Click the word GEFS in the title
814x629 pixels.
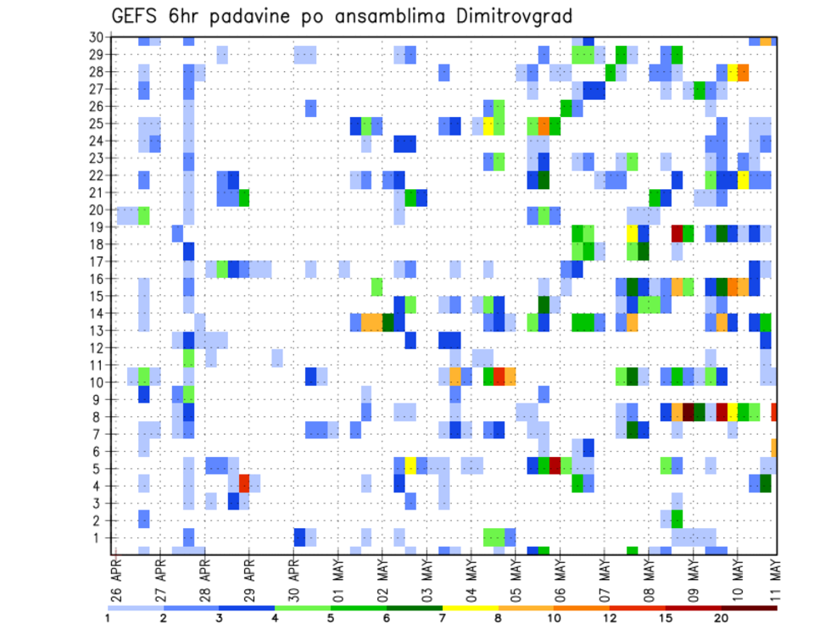click(x=135, y=16)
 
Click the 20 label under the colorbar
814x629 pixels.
click(x=722, y=618)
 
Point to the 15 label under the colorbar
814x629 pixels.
click(x=666, y=618)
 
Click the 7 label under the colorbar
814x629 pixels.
click(x=443, y=618)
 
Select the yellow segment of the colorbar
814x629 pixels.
click(x=471, y=608)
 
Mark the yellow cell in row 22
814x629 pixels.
click(x=743, y=180)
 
